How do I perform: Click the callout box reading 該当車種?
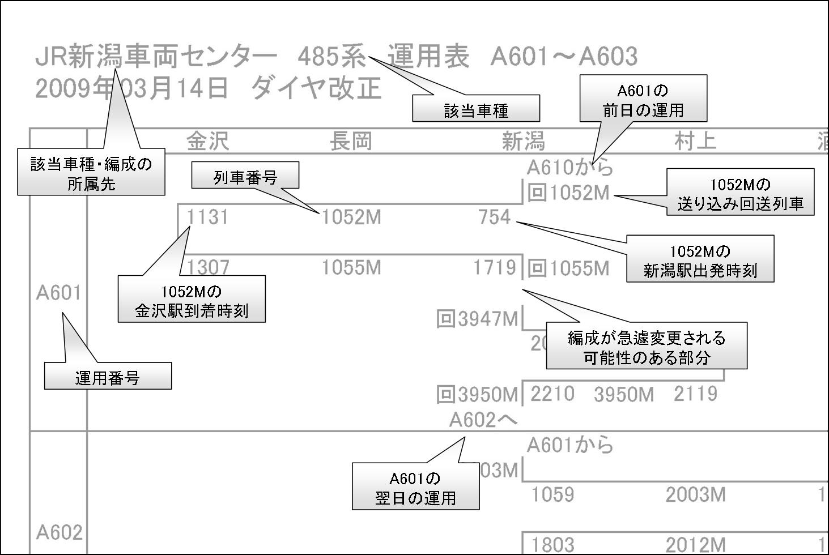click(x=475, y=108)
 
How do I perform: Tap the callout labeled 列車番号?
click(x=245, y=177)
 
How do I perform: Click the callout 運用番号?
click(x=108, y=377)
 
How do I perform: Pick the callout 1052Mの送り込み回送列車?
click(x=740, y=193)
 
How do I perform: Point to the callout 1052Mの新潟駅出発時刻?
click(x=700, y=259)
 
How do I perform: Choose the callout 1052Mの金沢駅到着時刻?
click(x=192, y=300)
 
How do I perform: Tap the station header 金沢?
click(x=207, y=141)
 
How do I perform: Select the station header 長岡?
click(x=351, y=141)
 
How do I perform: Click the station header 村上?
click(x=695, y=141)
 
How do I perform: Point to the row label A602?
click(x=59, y=532)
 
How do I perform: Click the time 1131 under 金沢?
click(x=207, y=217)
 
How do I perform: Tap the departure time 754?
click(x=495, y=217)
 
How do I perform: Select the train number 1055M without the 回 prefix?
click(x=351, y=267)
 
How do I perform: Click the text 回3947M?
click(x=477, y=319)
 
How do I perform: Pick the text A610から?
click(x=569, y=168)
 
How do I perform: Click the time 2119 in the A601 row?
click(x=695, y=394)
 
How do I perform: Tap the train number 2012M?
click(x=695, y=544)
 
